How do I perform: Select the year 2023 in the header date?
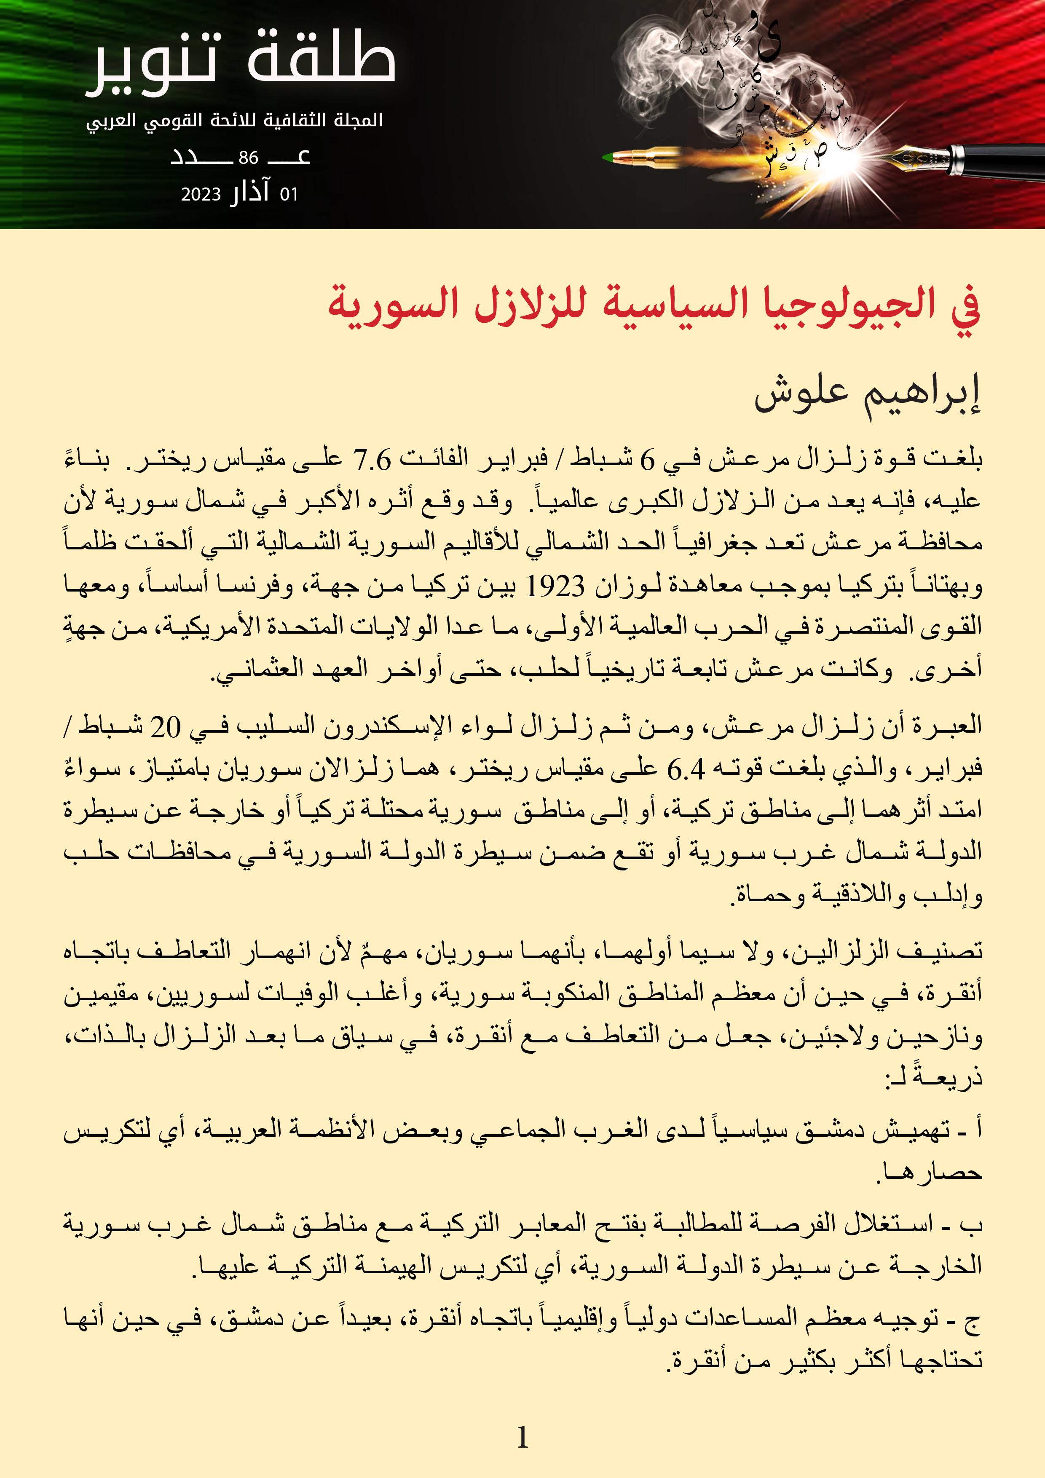tap(201, 194)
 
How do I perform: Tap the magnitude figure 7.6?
tap(372, 460)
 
